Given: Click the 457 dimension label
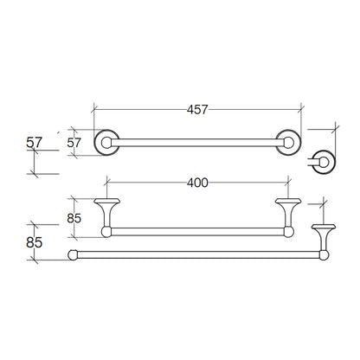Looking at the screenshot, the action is point(197,110).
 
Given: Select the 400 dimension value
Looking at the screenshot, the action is point(197,183).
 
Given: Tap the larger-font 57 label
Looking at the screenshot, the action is point(35,143).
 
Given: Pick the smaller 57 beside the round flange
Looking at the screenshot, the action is point(74,143).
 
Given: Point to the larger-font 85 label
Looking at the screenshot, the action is point(35,242).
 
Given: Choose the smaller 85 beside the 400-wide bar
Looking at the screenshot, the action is point(74,218).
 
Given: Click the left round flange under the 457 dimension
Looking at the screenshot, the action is point(106,143).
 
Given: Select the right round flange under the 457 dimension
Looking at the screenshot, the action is point(288,143).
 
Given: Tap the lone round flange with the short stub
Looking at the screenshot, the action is point(324,162).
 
